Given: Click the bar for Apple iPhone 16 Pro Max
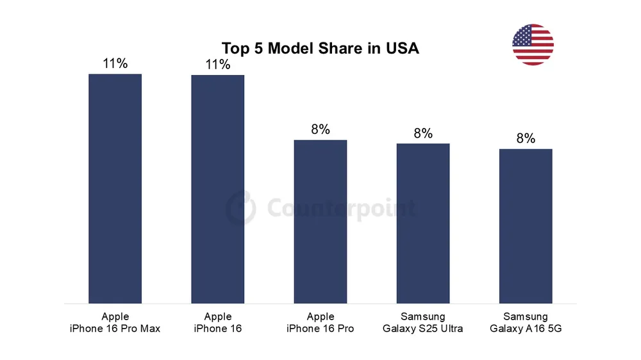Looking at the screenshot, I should click(115, 188).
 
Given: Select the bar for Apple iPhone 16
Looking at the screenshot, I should click(217, 189).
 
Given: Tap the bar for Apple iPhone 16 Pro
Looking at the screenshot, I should click(320, 221).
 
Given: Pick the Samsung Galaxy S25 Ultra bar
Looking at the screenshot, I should click(423, 223).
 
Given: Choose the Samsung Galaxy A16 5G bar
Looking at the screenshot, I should click(526, 225).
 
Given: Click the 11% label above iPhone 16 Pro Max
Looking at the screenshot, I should click(115, 63).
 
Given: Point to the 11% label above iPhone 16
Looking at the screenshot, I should click(218, 65).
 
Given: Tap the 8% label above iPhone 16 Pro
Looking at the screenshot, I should click(320, 129).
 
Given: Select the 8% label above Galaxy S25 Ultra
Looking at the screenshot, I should click(423, 133).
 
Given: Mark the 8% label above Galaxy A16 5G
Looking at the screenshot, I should click(526, 139).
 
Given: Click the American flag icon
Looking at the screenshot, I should click(533, 45).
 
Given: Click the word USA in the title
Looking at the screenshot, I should click(403, 49).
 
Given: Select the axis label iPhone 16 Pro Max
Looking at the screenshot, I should click(115, 329).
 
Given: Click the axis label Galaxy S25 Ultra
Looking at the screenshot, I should click(423, 329).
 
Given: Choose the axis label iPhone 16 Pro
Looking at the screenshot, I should click(320, 329).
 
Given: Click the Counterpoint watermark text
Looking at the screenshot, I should click(340, 208).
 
